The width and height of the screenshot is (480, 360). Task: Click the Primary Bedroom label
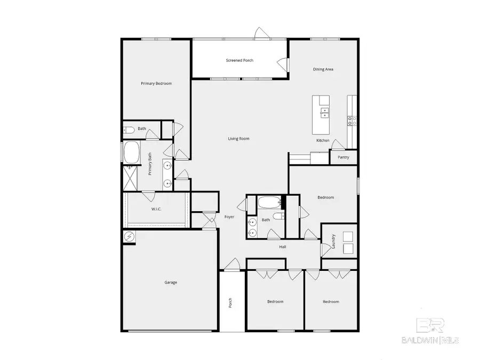click(156, 83)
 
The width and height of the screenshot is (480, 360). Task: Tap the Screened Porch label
click(239, 60)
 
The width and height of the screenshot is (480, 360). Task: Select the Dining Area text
click(323, 69)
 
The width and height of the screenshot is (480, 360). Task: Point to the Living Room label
click(239, 139)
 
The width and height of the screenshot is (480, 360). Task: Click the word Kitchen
click(323, 140)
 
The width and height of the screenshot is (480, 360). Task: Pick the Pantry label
click(343, 158)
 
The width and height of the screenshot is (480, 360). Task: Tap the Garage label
click(171, 282)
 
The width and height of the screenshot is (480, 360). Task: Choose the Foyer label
click(229, 217)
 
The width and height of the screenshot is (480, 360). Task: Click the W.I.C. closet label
click(156, 209)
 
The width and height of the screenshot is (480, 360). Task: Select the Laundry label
click(333, 242)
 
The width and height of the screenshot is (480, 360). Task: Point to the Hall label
click(283, 247)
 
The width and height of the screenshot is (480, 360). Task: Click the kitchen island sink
click(325, 112)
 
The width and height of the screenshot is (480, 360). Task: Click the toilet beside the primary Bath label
click(129, 129)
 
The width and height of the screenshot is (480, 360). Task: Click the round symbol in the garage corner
click(129, 236)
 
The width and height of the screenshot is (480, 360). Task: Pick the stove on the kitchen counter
click(352, 121)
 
